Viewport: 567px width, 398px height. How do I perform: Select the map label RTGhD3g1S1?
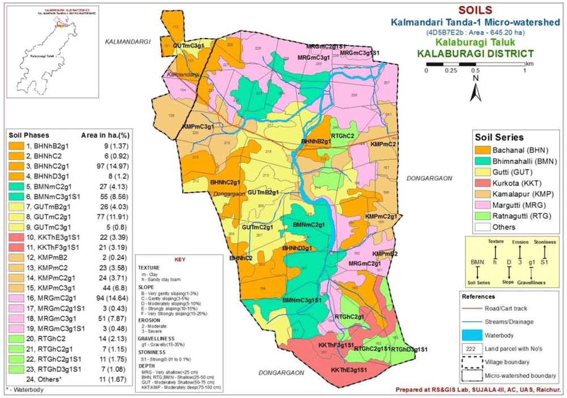(409, 349)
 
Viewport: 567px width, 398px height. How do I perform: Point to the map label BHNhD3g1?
(298, 248)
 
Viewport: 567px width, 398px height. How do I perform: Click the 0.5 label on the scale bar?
(475, 71)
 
